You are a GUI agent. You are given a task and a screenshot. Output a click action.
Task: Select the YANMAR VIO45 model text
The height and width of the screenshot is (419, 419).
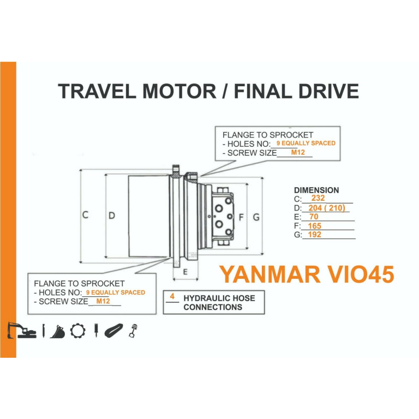coord(306,274)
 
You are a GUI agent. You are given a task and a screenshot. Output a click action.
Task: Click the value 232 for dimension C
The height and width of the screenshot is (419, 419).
coord(318,199)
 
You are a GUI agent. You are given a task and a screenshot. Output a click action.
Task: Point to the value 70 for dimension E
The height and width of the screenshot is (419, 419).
coord(313,217)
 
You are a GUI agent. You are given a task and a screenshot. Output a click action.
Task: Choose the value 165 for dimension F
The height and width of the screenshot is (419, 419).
coord(314,226)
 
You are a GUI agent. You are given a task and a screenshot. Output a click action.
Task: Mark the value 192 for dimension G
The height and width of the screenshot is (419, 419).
coord(314,235)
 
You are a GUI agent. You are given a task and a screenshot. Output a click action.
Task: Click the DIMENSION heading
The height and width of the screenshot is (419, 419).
coord(316,190)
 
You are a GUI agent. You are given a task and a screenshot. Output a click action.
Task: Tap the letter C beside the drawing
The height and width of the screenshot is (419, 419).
coord(85,215)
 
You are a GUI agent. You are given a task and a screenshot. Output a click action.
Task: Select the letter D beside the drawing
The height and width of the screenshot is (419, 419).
coord(111,216)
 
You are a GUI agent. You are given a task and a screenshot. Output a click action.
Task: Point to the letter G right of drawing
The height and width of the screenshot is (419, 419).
coord(256,217)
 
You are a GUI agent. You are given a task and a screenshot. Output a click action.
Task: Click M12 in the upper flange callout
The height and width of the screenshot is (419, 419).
coord(297,152)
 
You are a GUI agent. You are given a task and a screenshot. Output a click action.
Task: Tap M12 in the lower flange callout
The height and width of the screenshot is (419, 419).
coord(103,301)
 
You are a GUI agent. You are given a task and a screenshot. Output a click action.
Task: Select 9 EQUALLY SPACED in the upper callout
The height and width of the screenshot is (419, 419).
coord(306,143)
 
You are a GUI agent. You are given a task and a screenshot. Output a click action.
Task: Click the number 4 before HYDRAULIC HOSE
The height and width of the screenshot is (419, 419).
coord(172,297)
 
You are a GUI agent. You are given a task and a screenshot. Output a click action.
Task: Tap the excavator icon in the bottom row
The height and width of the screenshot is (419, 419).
coord(22,331)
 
